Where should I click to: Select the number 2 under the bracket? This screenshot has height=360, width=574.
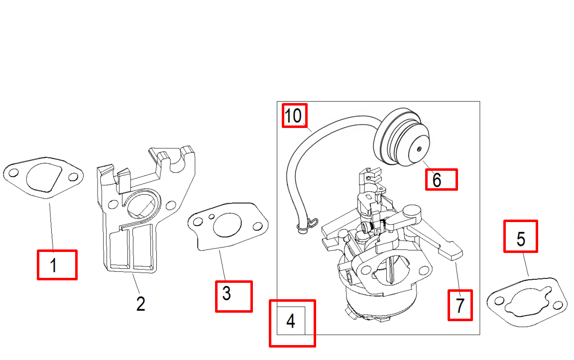click(x=141, y=303)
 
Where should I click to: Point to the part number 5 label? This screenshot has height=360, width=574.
click(x=521, y=239)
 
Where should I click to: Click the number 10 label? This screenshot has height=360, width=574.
click(x=294, y=116)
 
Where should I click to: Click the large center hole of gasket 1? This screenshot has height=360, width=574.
click(x=43, y=178)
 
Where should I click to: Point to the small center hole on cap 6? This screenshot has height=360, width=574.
click(x=420, y=148)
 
